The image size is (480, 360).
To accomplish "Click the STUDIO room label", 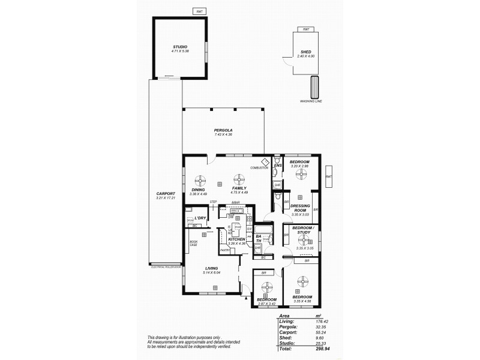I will tap(180, 47).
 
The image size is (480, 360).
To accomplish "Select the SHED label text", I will tap(306, 52).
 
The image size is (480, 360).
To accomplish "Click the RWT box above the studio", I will tap(199, 11).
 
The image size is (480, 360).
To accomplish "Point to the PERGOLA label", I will tap(223, 130).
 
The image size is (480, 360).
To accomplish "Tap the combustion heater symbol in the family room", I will tap(265, 162).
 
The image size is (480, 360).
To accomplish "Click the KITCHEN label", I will tap(236, 239).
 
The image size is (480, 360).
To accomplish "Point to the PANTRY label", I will tap(226, 250).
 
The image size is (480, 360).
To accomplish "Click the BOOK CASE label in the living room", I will tap(193, 243).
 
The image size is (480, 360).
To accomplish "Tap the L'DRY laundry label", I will tap(200, 217).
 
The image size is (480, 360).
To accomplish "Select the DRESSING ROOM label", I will tap(299, 208).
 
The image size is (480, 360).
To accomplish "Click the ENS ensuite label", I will tap(277, 165).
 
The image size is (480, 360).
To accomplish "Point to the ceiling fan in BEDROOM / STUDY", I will tap(302, 238).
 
